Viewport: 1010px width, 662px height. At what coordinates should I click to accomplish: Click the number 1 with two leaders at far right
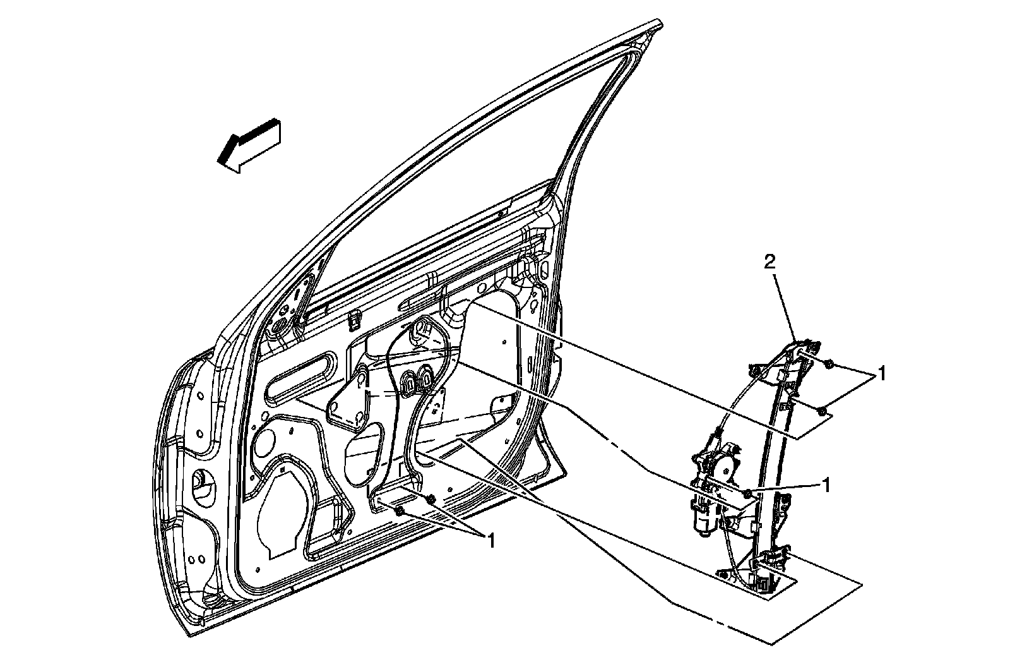coord(882,375)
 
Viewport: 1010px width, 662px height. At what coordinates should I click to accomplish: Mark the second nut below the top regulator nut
coord(822,412)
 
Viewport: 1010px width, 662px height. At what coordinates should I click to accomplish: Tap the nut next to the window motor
coord(747,493)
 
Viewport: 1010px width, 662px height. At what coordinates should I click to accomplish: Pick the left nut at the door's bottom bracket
coord(399,510)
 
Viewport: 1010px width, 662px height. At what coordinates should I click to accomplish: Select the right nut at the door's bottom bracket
coord(429,500)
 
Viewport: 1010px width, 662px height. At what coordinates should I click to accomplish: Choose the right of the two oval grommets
coord(427,380)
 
